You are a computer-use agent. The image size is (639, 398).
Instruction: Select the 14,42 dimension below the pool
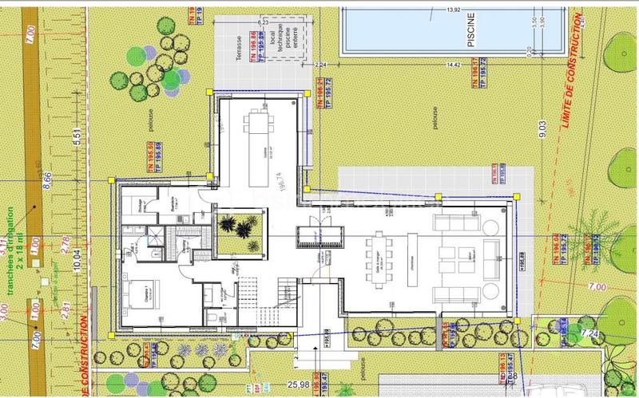456,64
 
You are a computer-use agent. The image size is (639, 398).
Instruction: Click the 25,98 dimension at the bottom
299,384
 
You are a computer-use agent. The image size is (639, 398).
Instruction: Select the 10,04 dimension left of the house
77,260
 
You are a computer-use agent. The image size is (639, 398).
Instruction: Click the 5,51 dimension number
77,136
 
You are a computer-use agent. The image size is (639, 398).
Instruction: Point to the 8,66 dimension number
46,179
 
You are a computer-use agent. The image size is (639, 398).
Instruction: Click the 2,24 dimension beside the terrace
321,64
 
